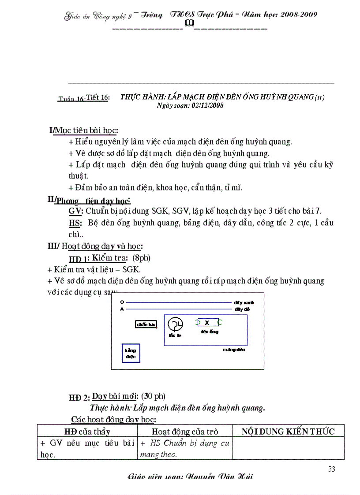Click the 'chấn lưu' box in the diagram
pyautogui.click(x=146, y=325)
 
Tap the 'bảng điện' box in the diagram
pyautogui.click(x=130, y=353)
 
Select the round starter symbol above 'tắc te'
pyautogui.click(x=175, y=324)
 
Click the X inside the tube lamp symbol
pyautogui.click(x=206, y=323)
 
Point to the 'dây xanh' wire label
pyautogui.click(x=245, y=303)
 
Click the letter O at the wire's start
pyautogui.click(x=122, y=302)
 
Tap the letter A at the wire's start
pyautogui.click(x=122, y=309)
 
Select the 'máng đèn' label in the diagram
pyautogui.click(x=234, y=350)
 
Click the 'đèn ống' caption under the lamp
pyautogui.click(x=209, y=331)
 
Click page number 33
pyautogui.click(x=332, y=469)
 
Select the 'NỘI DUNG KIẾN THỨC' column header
pyautogui.click(x=288, y=432)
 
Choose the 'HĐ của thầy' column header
pyautogui.click(x=87, y=432)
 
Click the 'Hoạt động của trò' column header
pyautogui.click(x=185, y=432)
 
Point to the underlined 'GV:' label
pyautogui.click(x=73, y=211)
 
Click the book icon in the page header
pyautogui.click(x=188, y=22)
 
